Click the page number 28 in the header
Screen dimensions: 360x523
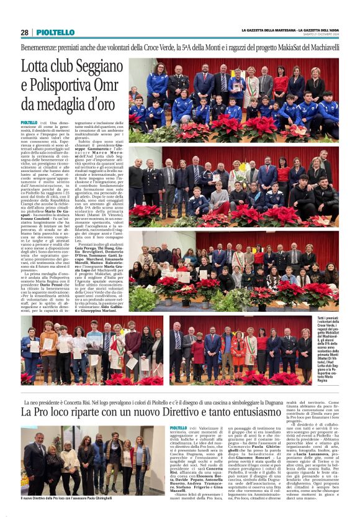tap(24, 32)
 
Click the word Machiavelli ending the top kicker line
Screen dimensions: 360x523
tap(321, 47)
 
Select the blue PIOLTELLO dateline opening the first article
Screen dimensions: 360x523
tap(29, 123)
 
